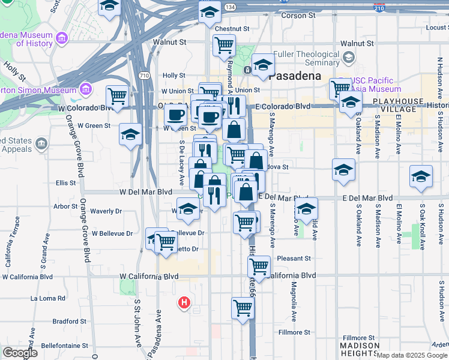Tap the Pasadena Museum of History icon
tap(62, 40)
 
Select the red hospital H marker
tap(185, 304)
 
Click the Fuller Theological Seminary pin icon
tap(349, 58)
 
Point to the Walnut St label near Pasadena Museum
tap(170, 43)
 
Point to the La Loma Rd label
tap(47, 298)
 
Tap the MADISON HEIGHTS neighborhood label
tap(360, 349)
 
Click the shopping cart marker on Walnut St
tap(224, 45)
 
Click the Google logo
tap(20, 352)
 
